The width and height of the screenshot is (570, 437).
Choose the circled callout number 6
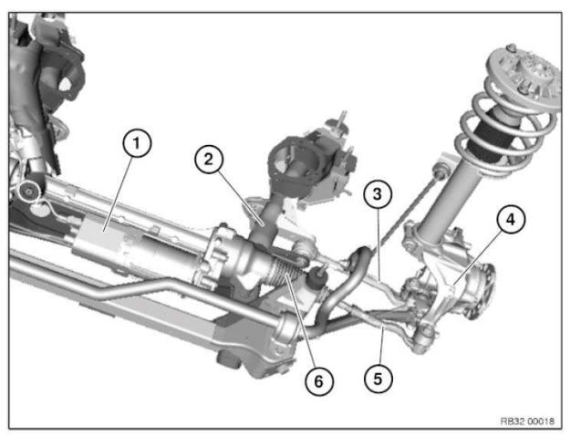[x=316, y=380]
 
